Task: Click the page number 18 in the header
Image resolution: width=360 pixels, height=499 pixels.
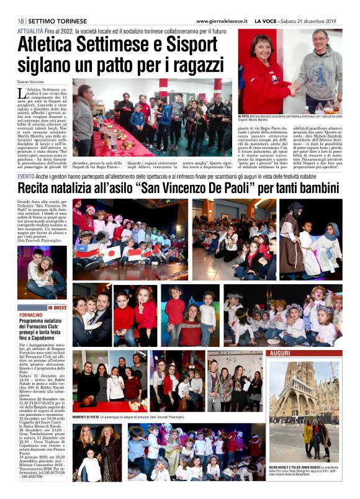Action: point(21,21)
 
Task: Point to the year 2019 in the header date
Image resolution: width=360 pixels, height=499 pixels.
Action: point(334,21)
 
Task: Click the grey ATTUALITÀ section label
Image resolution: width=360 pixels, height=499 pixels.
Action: point(30,30)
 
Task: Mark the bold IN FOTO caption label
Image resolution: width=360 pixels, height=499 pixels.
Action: point(243,116)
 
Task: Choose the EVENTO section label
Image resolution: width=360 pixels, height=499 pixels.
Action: point(28,177)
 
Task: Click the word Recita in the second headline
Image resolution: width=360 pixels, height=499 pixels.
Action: point(38,188)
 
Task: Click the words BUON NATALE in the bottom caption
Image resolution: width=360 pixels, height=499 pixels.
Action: point(281,467)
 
